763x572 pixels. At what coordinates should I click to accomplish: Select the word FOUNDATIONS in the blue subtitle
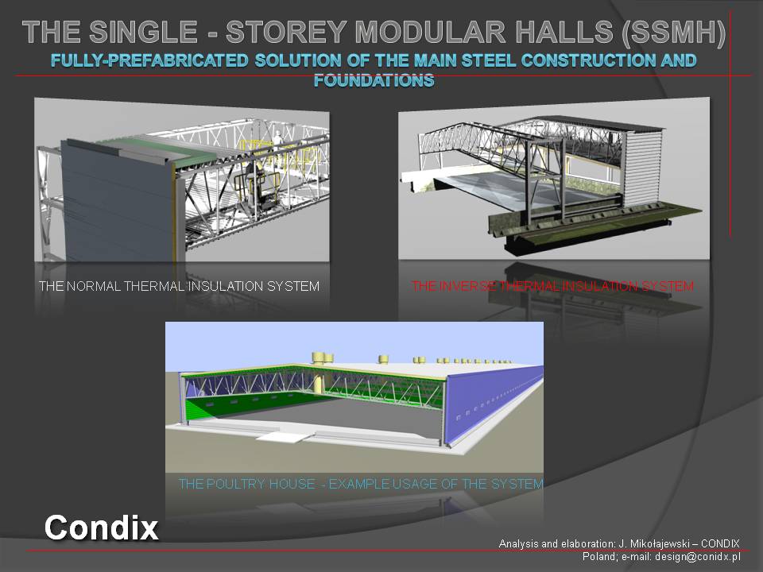click(374, 80)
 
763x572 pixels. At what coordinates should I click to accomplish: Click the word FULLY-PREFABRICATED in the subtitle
click(149, 60)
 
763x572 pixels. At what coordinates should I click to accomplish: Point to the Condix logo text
click(101, 528)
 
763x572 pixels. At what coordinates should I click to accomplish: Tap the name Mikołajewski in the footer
click(660, 543)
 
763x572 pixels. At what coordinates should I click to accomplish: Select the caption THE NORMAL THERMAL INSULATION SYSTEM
click(179, 286)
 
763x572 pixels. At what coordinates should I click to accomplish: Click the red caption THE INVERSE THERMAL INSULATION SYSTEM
click(552, 286)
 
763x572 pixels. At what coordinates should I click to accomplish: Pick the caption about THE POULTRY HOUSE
click(361, 484)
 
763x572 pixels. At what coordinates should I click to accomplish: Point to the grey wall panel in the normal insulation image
click(117, 202)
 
